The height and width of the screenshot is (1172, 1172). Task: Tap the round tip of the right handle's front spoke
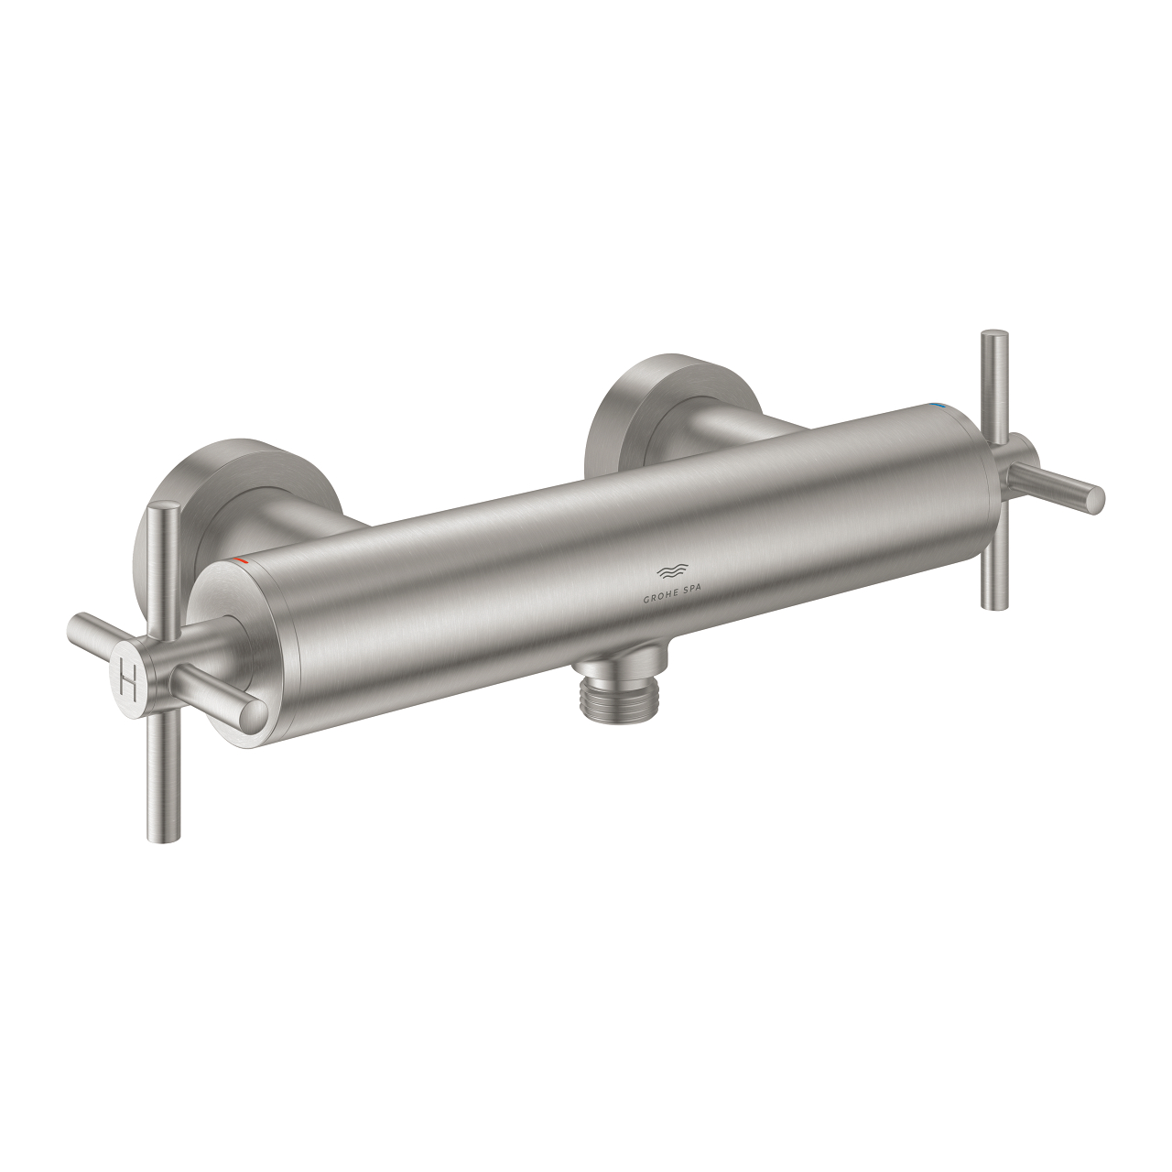1094,499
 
